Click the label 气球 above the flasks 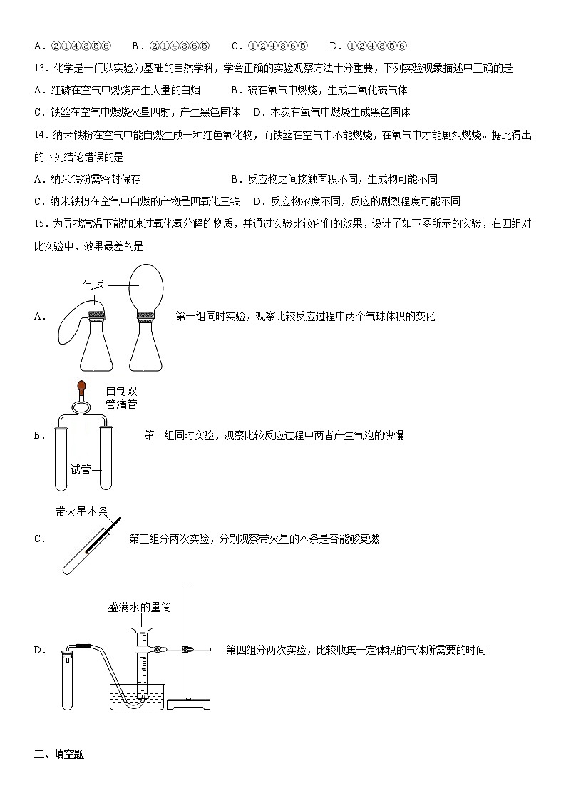coord(94,285)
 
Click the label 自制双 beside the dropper coord(121,391)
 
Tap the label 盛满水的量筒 coord(140,608)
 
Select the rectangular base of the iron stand coord(189,705)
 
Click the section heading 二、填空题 coord(59,754)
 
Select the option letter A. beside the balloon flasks coord(40,317)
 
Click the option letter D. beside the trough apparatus coord(40,650)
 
